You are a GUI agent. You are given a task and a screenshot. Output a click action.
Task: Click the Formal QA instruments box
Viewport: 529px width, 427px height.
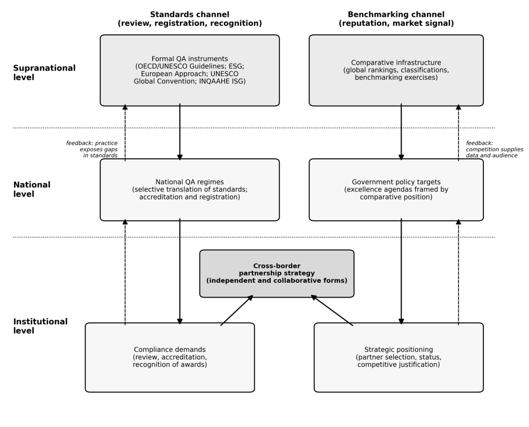coord(189,70)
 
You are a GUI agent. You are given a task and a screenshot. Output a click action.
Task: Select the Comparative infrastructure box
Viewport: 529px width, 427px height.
coord(396,70)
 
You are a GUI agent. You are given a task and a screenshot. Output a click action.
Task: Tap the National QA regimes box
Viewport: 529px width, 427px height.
coord(189,190)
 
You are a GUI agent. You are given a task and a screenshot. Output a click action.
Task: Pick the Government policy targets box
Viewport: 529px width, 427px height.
coord(396,190)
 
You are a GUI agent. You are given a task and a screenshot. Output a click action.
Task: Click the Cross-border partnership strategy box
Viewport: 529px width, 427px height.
coord(277,273)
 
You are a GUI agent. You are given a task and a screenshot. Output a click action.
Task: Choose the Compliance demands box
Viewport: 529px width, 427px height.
coord(170,358)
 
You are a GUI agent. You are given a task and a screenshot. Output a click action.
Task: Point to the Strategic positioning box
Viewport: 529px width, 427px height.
coord(398,358)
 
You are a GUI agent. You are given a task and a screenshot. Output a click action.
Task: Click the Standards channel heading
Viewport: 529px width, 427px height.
coord(189,19)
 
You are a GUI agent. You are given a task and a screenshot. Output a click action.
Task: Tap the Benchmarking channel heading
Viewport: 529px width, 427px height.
coord(396,19)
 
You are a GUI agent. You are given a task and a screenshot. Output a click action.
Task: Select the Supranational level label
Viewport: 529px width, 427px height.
coord(44,73)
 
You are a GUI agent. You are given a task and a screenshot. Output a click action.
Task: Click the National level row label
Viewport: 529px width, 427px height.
coord(32,190)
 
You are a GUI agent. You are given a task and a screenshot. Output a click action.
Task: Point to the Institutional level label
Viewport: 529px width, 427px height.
coord(40,326)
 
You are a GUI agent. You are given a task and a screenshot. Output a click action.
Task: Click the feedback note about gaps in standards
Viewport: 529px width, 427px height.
coord(92,149)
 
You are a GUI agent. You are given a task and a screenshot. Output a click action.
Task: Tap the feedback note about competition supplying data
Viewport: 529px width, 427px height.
coord(495,149)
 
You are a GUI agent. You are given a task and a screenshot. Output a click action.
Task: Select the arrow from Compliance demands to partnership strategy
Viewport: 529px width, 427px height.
coord(237,310)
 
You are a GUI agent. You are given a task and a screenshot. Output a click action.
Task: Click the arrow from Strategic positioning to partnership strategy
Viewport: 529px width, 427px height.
coord(332,310)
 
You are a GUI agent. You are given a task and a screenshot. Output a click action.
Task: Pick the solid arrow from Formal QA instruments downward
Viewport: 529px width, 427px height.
coord(180,132)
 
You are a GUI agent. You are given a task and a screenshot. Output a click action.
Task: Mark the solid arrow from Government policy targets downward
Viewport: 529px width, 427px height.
coord(401,271)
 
